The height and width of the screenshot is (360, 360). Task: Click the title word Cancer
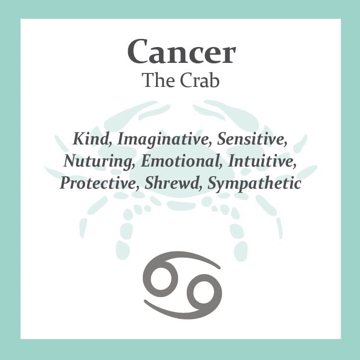[181, 51]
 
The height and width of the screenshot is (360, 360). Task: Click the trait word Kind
[91, 139]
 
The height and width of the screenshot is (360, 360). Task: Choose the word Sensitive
[252, 139]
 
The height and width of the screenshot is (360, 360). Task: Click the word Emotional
[179, 161]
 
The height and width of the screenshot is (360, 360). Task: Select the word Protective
[96, 183]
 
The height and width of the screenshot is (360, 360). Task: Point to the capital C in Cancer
[137, 52]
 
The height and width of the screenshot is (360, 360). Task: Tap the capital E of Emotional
[147, 161]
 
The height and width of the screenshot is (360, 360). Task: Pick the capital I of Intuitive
[232, 161]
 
